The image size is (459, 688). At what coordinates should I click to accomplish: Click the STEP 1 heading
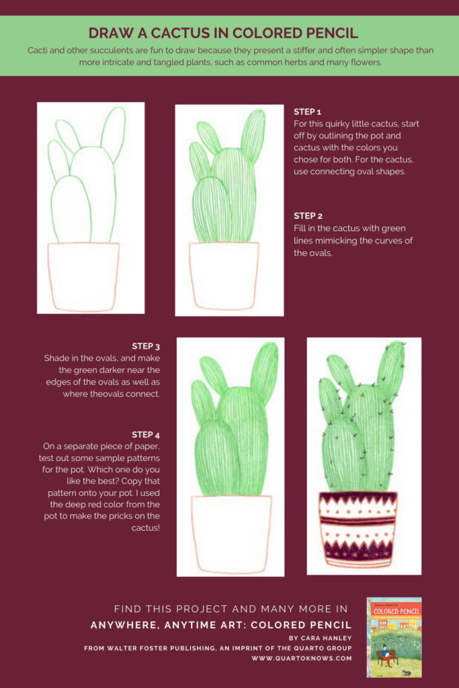click(308, 112)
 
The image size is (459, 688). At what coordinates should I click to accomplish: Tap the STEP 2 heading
click(308, 216)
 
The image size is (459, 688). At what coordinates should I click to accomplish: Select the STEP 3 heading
click(146, 347)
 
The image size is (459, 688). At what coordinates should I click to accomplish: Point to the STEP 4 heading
click(146, 435)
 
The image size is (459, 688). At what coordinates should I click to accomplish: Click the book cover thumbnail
click(394, 637)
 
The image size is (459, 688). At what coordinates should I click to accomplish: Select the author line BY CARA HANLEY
click(320, 638)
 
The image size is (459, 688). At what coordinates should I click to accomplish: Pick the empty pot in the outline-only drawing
click(83, 275)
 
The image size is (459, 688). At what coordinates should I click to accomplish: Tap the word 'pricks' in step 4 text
click(112, 516)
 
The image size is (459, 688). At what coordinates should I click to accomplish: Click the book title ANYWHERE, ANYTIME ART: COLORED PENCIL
click(221, 625)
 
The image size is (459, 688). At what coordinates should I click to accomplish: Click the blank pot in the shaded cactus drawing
click(231, 534)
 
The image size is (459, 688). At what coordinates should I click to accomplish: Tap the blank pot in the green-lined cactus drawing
click(224, 275)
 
